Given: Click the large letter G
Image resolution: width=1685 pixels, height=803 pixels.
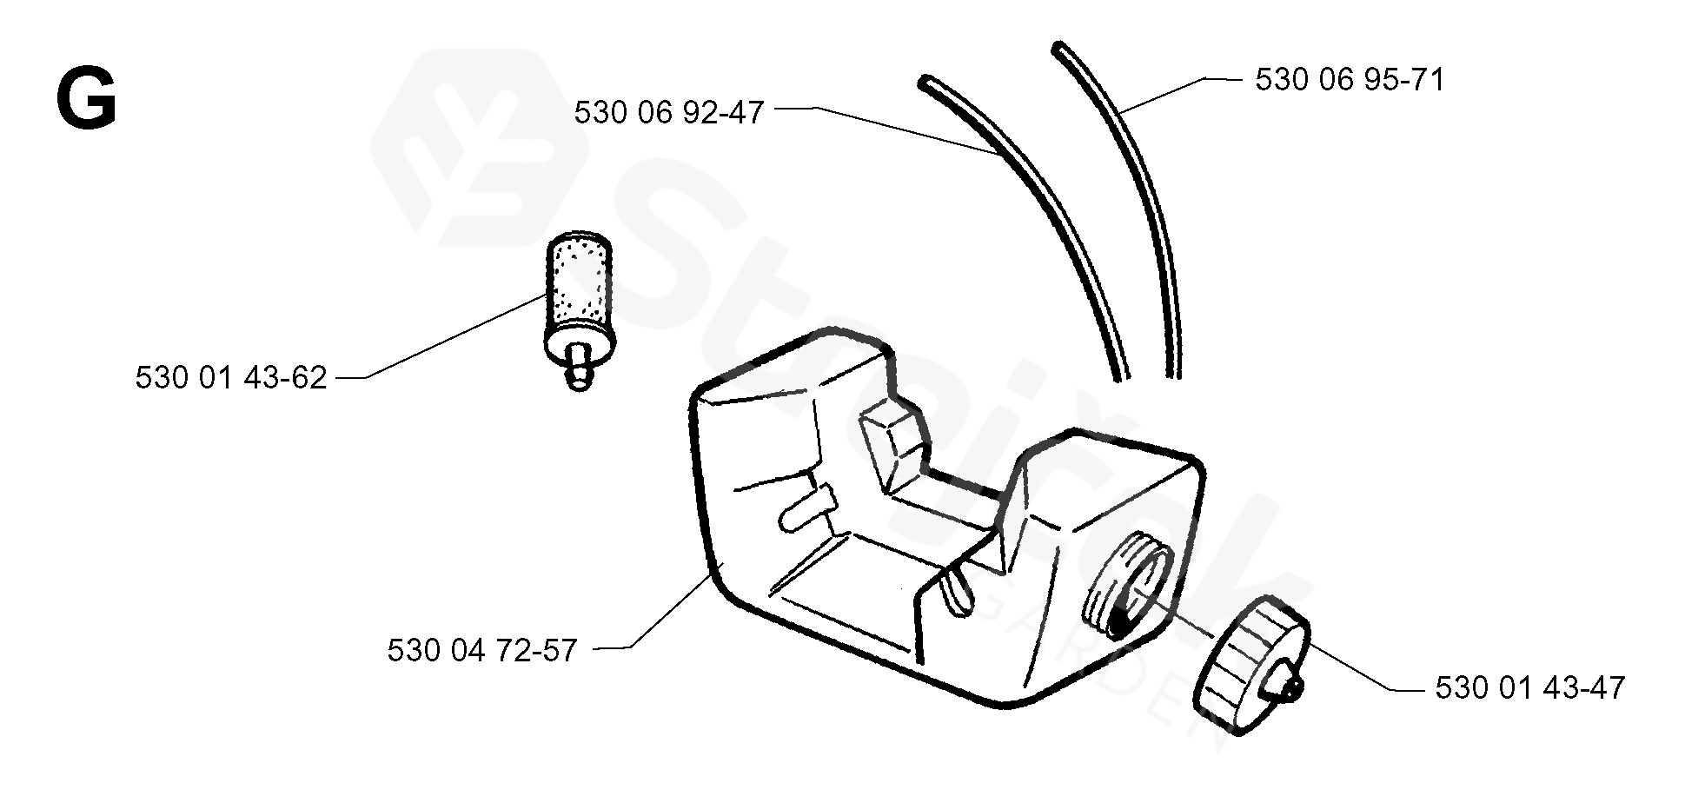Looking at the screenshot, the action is tap(85, 100).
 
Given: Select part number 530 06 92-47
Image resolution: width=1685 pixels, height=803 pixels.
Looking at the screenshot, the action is tap(668, 113).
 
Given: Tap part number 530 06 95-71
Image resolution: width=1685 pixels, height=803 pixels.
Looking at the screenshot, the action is tap(1350, 80).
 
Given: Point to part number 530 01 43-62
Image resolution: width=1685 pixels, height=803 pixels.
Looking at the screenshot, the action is tap(231, 378).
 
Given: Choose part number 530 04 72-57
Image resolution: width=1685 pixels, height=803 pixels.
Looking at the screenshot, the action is tap(482, 650).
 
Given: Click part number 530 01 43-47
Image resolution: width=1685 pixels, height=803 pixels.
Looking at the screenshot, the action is tap(1529, 689).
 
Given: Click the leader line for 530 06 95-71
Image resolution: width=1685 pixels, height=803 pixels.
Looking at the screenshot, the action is tap(1164, 96).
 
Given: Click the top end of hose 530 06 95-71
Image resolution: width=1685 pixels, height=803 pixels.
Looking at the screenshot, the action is tap(1058, 48).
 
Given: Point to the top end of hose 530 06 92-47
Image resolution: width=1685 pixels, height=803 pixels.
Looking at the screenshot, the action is tap(925, 82).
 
